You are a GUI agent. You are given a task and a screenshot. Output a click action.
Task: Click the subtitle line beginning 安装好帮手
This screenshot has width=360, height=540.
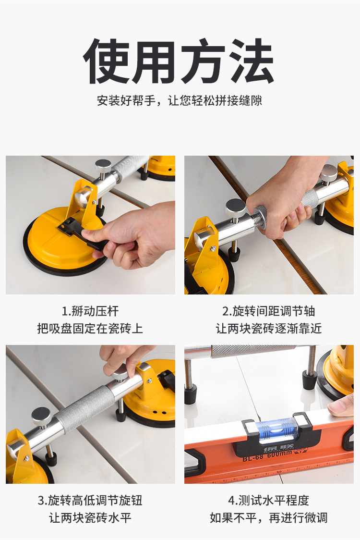pos(180,100)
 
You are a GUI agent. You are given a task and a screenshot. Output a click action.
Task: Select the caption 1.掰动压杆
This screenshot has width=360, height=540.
pos(90,311)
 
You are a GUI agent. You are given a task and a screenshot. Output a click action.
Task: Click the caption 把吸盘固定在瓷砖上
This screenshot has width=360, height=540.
pos(90,329)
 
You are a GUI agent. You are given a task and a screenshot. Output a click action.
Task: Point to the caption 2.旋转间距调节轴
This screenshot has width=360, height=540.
pos(269,311)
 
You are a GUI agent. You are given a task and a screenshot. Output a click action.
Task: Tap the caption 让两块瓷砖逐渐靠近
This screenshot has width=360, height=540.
pos(269,329)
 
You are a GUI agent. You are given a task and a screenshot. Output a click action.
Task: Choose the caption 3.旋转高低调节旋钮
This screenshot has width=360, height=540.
pos(90,501)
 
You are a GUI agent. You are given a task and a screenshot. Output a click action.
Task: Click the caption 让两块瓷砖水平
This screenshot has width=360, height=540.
pos(90,517)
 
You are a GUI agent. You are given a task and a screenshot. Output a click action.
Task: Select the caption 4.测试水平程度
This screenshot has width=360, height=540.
pos(269,501)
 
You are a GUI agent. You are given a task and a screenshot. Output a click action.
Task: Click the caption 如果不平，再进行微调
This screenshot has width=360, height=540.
pos(269,517)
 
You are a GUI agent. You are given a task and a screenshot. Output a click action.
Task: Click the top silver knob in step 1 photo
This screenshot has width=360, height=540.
pos(103,166)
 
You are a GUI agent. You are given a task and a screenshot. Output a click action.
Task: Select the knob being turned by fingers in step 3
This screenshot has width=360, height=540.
pos(120,374)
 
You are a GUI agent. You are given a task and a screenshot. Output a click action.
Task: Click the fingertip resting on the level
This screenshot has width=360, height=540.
pos(341,405)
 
